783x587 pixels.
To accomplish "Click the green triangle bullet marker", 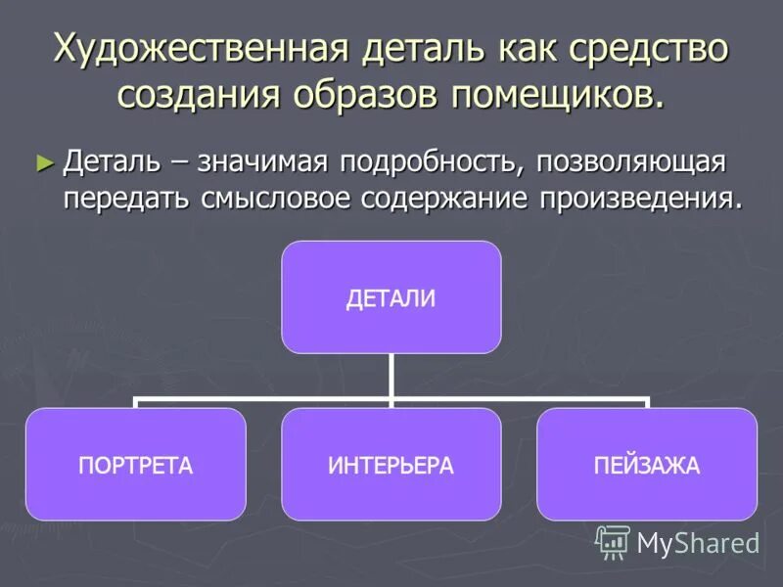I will pos(41,160).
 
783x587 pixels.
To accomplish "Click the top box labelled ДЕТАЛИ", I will pos(391,297).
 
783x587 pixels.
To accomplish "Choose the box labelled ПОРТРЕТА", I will pos(135,465).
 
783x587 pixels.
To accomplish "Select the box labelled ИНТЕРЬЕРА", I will pos(391,465).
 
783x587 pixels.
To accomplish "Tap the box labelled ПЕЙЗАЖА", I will pos(647,465).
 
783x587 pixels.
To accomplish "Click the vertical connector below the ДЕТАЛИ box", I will pos(391,376).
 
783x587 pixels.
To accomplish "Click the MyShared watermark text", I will pos(698,543).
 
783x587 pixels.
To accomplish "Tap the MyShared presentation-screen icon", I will pos(613,542).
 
